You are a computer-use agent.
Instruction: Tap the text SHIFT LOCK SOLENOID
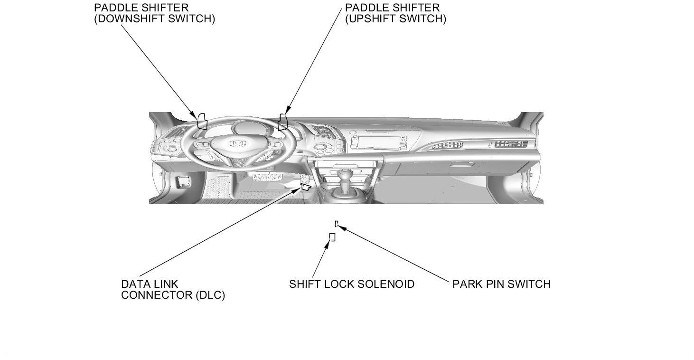[x=352, y=284]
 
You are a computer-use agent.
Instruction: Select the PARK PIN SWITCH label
[x=501, y=284]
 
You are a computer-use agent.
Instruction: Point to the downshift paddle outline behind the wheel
[x=202, y=121]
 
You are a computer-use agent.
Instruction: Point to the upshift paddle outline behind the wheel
[x=283, y=122]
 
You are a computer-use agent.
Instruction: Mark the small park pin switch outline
[x=337, y=223]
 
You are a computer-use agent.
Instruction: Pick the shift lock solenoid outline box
[x=332, y=237]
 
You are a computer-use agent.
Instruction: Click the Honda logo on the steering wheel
[x=236, y=143]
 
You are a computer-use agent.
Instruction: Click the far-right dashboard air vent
[x=511, y=144]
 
